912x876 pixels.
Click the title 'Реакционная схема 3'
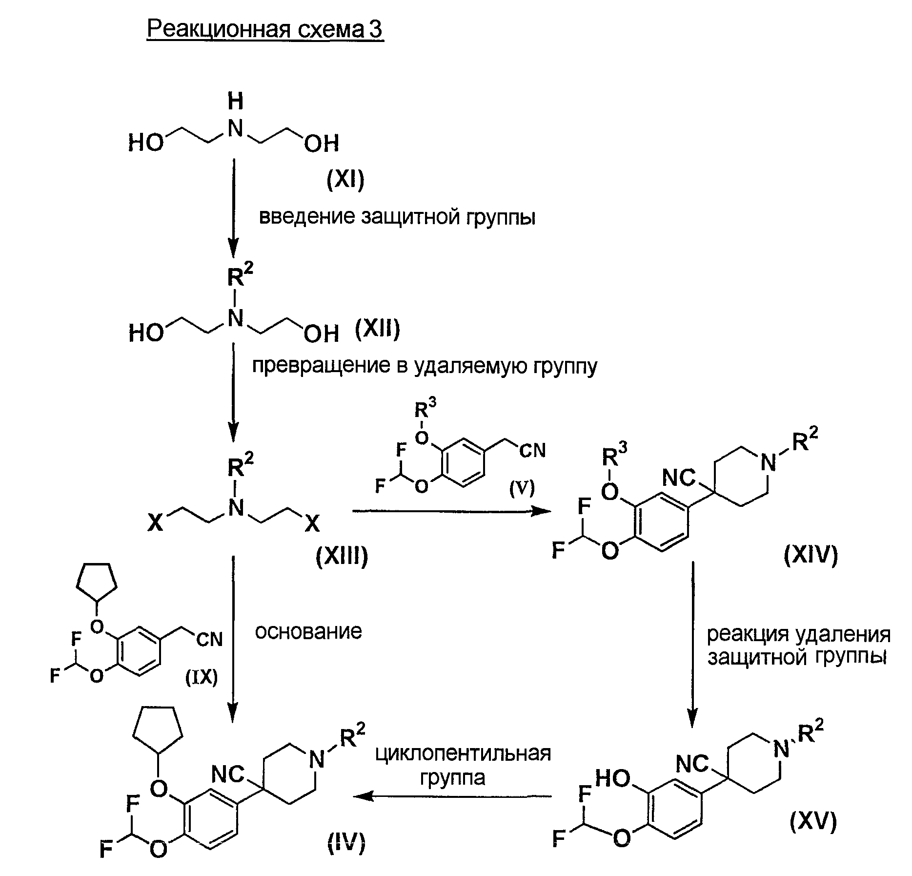click(265, 30)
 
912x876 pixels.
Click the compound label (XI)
click(345, 181)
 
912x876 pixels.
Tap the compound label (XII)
click(377, 329)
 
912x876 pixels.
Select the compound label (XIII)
click(342, 556)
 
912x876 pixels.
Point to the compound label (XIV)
click(811, 555)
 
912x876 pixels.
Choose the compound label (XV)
click(813, 822)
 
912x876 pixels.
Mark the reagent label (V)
click(522, 488)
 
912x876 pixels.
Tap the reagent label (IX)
click(202, 677)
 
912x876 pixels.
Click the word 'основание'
click(308, 631)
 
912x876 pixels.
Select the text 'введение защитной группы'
click(397, 216)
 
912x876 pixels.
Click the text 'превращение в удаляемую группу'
click(424, 366)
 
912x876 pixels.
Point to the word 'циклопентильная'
click(463, 753)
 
